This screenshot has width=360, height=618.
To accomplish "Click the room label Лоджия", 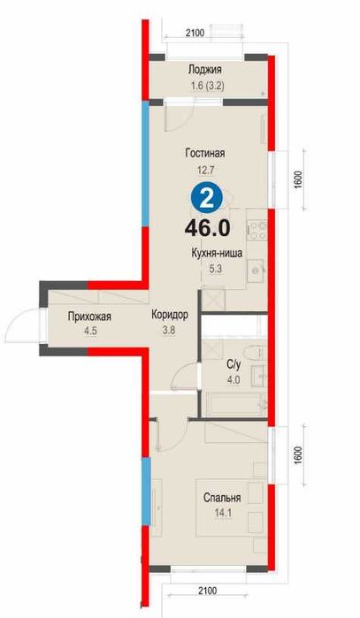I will coord(204,71).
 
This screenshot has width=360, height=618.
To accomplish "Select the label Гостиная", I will coord(204,153).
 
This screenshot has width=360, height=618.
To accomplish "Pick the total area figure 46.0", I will coord(207,226).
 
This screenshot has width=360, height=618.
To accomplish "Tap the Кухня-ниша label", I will coord(216,252).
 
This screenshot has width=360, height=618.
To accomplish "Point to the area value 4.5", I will coord(66,332).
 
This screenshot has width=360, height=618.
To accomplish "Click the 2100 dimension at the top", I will coord(195,33).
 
